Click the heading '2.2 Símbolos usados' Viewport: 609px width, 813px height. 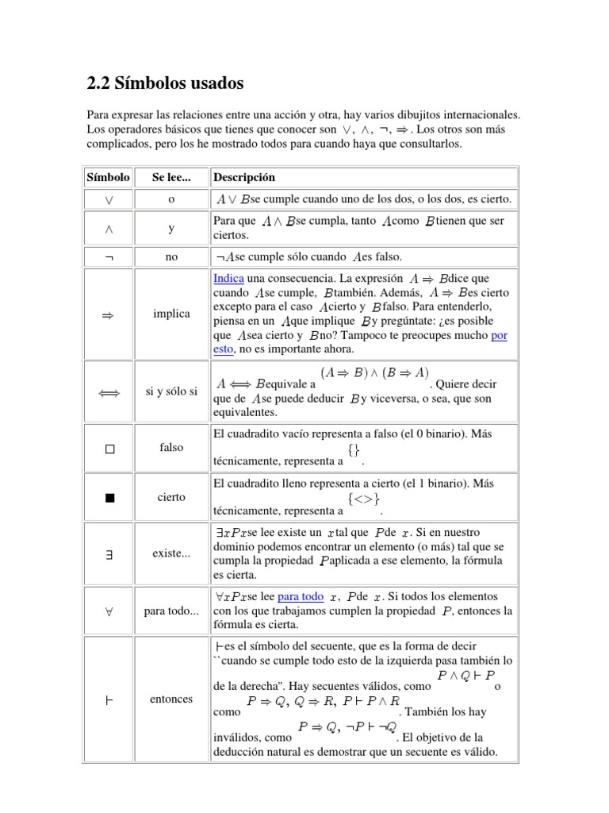[x=165, y=83]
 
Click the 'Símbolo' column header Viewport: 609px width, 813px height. [x=108, y=178]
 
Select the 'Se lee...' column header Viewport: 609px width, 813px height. [x=171, y=178]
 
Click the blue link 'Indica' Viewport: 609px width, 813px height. [x=228, y=279]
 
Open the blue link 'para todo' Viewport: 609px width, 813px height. [x=301, y=596]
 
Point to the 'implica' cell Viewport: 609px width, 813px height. [x=171, y=314]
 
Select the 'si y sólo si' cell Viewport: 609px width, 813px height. [x=171, y=392]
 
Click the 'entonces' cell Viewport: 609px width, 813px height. [x=171, y=699]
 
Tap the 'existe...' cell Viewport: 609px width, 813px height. [x=171, y=553]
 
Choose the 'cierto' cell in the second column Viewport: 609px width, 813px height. [x=171, y=498]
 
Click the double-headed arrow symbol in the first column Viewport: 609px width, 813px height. [x=109, y=392]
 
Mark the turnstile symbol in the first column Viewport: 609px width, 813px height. [x=109, y=699]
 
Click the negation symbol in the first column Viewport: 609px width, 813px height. [x=109, y=257]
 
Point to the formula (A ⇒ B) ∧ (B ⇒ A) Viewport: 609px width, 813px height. [x=375, y=372]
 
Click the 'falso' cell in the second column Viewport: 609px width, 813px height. [x=171, y=448]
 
